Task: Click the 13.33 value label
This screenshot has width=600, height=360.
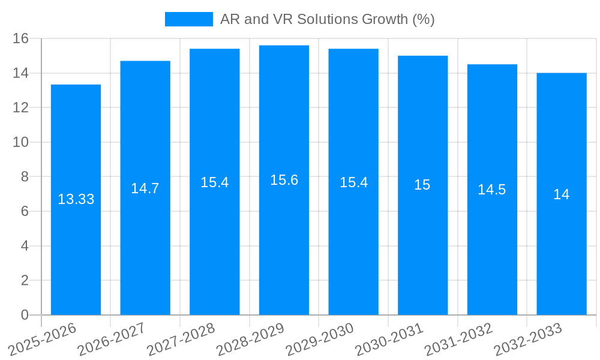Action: pyautogui.click(x=76, y=199)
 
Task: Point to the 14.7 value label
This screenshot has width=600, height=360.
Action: pyautogui.click(x=145, y=188)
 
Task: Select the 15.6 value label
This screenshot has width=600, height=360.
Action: pyautogui.click(x=284, y=180)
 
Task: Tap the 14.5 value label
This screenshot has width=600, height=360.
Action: pyautogui.click(x=492, y=190)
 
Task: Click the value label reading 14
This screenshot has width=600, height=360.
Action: pyautogui.click(x=562, y=194)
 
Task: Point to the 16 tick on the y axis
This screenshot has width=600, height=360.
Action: pyautogui.click(x=21, y=38)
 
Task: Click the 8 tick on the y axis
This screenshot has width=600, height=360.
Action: pyautogui.click(x=25, y=177)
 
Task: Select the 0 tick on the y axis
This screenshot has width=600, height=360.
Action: pyautogui.click(x=25, y=315)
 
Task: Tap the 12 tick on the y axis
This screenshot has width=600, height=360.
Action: pyautogui.click(x=21, y=108)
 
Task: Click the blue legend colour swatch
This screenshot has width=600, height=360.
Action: pyautogui.click(x=188, y=19)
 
